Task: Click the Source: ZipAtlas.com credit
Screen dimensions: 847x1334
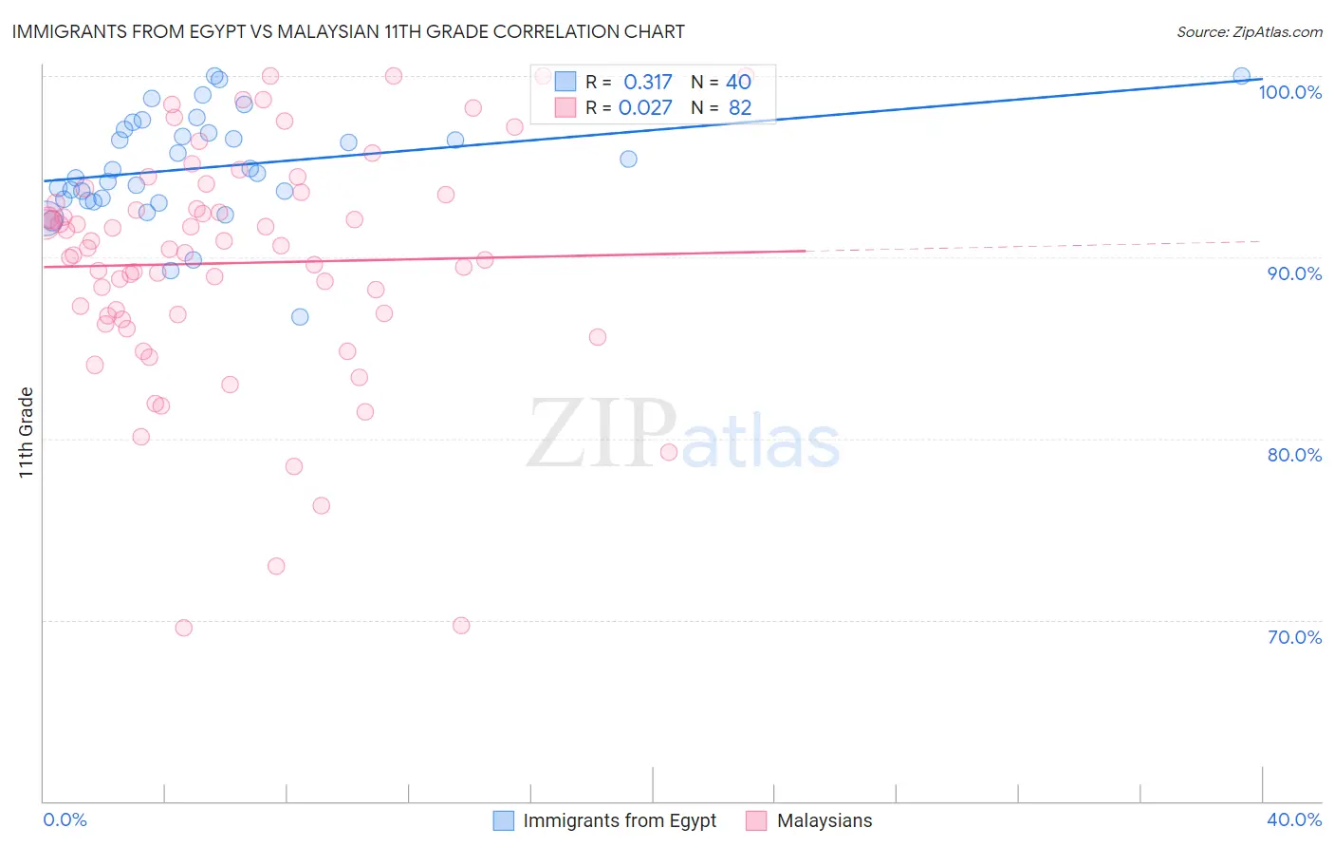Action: coord(1249,31)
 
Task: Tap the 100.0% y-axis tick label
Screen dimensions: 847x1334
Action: coord(1289,92)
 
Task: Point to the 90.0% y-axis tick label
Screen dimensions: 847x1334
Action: coord(1294,273)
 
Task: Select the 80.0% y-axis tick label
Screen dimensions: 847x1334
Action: coord(1294,455)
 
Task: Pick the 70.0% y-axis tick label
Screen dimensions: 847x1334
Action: coord(1294,637)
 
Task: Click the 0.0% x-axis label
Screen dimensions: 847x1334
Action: coord(65,819)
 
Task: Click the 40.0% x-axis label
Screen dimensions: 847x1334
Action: coord(1294,819)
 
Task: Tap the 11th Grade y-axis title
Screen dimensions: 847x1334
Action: coord(27,432)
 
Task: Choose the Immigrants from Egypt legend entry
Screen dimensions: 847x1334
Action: coord(619,820)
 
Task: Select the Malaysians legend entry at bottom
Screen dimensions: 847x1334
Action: coord(824,820)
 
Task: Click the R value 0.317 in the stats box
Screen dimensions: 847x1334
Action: coord(647,83)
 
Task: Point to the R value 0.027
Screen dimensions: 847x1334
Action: coord(645,108)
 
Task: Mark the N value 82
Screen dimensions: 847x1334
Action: coord(740,108)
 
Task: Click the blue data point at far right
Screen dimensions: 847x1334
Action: coord(1241,76)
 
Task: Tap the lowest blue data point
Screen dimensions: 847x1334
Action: coord(300,317)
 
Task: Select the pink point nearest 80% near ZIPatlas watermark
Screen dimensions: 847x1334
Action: coord(669,452)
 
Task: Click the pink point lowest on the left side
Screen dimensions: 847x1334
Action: coord(184,628)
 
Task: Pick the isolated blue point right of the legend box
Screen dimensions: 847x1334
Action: coord(628,159)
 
